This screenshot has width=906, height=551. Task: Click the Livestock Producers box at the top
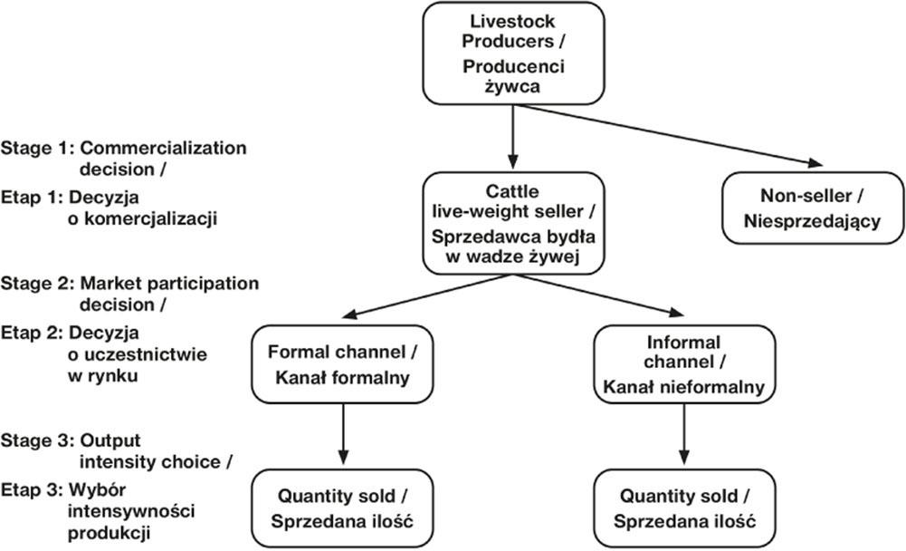click(514, 53)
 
